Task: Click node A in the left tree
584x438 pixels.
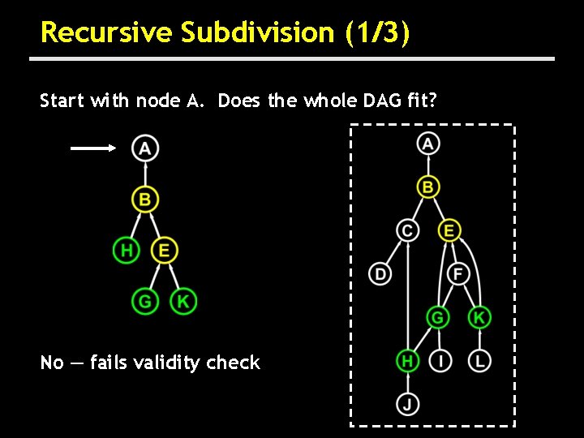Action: pos(144,148)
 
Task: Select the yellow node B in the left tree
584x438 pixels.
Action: pos(144,199)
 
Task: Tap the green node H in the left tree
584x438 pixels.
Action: pos(126,250)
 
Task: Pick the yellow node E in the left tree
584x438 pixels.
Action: pos(164,250)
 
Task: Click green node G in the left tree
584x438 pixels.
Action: pos(144,302)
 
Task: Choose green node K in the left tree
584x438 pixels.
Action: pos(183,302)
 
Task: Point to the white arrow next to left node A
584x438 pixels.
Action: pos(93,148)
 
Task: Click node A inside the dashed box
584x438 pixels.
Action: pos(427,144)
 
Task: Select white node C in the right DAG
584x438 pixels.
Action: pos(408,230)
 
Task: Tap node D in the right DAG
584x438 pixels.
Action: pos(380,273)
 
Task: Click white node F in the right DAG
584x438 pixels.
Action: pos(457,273)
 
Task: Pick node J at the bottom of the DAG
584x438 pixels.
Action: pos(408,403)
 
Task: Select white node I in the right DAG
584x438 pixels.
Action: pos(440,359)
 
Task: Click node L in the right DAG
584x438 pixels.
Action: pos(479,359)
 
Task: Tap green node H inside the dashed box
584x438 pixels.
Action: pos(408,359)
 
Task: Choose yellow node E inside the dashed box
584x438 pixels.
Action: pos(448,230)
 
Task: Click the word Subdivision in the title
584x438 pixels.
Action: pos(257,32)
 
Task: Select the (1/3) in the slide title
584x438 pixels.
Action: pos(377,32)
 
